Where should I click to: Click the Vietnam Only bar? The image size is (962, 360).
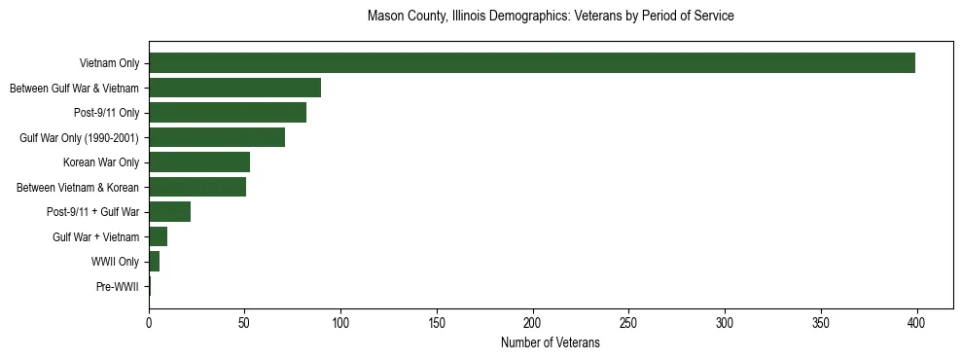point(532,63)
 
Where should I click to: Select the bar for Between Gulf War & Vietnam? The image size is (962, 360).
point(234,88)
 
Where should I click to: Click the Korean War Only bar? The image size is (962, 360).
point(199,162)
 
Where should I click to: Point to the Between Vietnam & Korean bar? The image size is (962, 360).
point(197,187)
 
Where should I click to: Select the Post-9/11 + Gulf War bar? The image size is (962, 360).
point(169,212)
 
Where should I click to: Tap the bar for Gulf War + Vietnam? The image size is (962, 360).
point(158,236)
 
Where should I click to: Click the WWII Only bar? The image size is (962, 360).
point(154,262)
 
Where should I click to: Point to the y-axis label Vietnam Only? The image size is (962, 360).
point(109,63)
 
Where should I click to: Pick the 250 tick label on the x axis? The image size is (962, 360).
point(628,322)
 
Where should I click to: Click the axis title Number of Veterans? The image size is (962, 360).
point(550,343)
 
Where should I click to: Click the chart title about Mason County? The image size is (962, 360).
point(550,17)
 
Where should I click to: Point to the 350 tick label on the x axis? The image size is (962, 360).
point(821,322)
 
